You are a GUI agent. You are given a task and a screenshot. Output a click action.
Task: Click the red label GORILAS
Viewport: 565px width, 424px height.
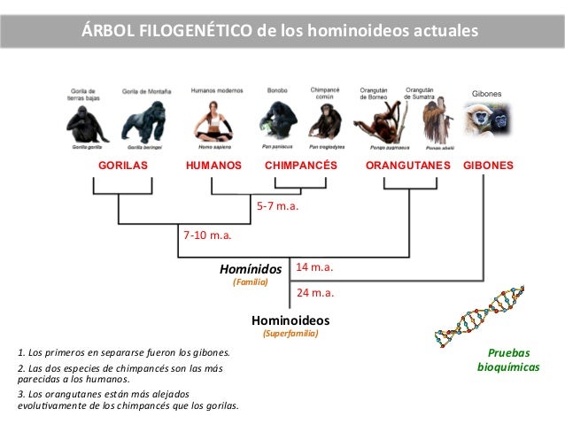[123, 166]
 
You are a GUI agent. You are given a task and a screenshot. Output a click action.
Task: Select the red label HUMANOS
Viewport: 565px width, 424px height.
[213, 166]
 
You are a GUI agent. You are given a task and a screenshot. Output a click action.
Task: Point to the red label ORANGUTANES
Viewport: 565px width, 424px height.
[408, 166]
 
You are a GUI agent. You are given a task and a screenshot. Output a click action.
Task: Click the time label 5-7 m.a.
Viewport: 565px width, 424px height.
[278, 207]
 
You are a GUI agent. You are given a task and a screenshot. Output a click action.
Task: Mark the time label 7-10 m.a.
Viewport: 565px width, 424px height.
[207, 236]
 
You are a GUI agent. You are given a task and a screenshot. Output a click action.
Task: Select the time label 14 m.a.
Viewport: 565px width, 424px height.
[313, 266]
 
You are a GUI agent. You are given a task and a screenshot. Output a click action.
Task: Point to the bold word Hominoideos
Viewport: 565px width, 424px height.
[290, 320]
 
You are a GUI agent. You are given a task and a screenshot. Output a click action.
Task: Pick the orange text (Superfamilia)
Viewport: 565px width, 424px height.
[290, 335]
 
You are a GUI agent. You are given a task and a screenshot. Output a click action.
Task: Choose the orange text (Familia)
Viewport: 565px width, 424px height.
[250, 281]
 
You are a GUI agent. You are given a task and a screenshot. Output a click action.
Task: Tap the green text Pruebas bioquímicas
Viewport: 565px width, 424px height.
[508, 358]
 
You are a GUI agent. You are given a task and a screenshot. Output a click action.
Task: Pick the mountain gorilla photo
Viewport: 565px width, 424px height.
[147, 122]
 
